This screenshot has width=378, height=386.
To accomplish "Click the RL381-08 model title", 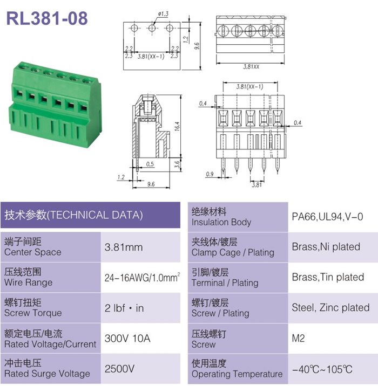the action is (47, 18).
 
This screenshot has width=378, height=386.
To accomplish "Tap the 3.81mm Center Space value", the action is (124, 247).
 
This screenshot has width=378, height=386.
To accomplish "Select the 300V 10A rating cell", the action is (127, 338).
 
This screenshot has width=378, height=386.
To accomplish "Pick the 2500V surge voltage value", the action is (119, 369).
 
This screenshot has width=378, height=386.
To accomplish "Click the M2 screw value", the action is (298, 338).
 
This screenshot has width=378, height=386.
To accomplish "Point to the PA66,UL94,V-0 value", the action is (327, 217).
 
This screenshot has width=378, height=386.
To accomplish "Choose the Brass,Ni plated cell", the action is (326, 247).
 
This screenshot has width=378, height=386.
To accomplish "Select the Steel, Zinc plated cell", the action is (330, 307).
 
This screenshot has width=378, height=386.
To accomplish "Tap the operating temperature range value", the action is (322, 369).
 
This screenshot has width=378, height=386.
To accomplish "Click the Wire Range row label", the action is (29, 277).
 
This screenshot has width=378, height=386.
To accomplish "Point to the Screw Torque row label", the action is (33, 308).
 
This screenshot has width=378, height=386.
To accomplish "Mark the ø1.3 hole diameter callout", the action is (163, 14).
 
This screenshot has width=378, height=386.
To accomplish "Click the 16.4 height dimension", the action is (177, 126).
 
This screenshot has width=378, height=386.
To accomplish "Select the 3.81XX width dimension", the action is (251, 66).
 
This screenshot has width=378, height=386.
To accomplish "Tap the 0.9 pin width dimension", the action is (210, 174).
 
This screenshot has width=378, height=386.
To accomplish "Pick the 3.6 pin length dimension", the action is (177, 164).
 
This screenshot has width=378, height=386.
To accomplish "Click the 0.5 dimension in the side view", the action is (150, 164).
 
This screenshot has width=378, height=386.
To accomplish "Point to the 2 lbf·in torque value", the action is (124, 308).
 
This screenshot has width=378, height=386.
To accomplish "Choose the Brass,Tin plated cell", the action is (328, 277).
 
